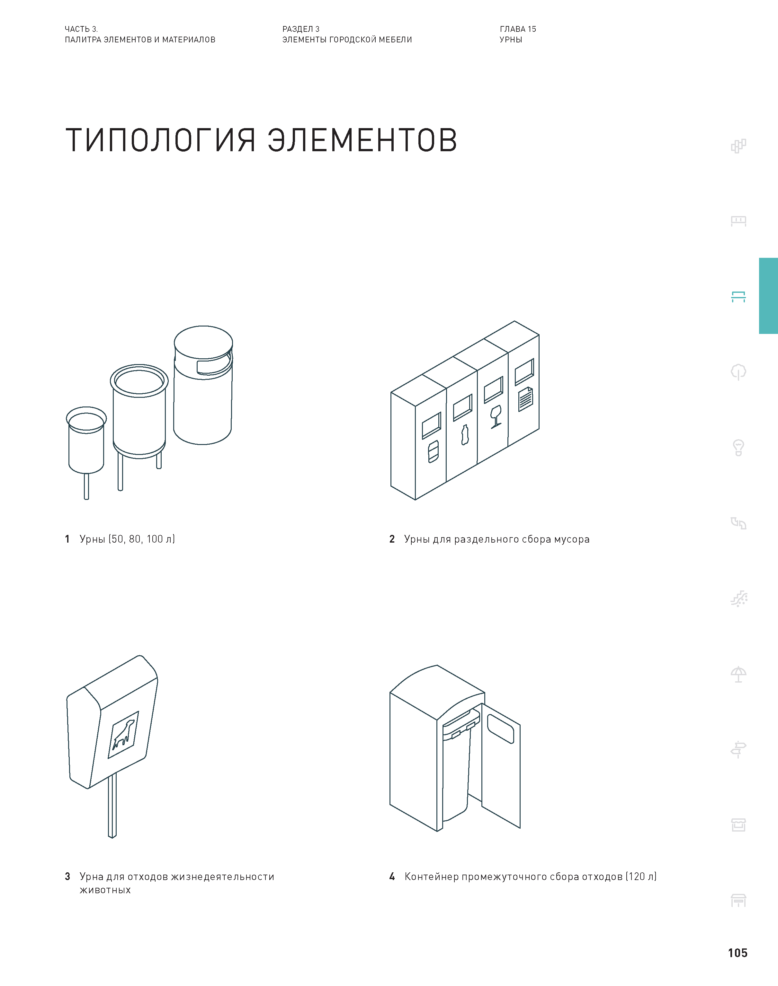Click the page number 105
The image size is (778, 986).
point(738,953)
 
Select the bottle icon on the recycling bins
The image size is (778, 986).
point(465,435)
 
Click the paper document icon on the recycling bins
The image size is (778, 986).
point(526,399)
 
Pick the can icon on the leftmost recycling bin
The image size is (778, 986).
point(433,451)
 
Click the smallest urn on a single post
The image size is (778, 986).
point(86,444)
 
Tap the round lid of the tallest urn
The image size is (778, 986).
point(203,342)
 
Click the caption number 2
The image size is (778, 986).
point(392,539)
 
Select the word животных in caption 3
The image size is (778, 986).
point(105,890)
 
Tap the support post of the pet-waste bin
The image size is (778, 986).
point(112,805)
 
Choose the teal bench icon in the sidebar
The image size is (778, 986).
point(738,297)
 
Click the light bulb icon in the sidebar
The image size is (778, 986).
point(738,448)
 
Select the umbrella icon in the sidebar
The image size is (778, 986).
point(738,674)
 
